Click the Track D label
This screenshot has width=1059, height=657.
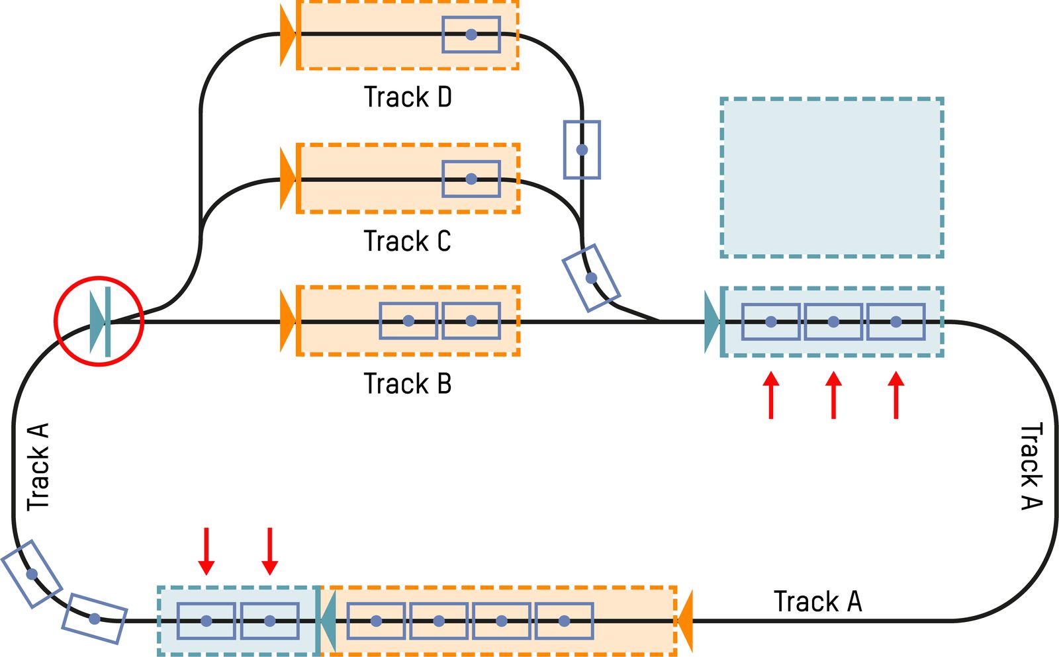408,97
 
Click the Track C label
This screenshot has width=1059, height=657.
407,241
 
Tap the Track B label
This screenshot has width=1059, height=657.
408,384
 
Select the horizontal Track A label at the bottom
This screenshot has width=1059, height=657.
818,602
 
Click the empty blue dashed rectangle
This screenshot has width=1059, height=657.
831,177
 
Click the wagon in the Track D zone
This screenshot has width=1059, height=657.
471,34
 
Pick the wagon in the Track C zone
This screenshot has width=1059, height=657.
471,179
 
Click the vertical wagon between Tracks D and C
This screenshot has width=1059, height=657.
582,150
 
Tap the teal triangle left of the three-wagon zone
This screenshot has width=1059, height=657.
712,322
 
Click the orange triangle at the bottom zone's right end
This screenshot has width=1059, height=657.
685,621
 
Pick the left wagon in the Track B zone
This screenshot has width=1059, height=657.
408,321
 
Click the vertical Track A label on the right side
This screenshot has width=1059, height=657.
1031,466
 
